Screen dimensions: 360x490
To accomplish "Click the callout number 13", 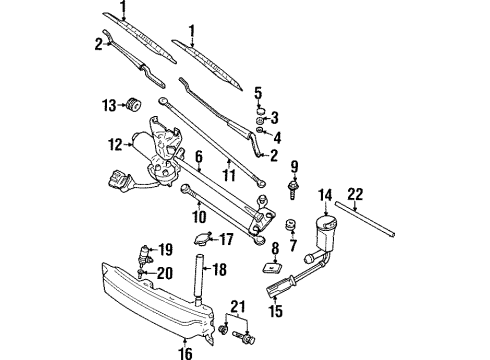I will (x=110, y=104).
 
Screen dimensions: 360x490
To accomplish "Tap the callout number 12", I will (x=114, y=145).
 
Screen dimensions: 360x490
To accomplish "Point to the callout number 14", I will (x=325, y=195).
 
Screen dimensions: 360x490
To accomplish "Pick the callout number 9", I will (x=295, y=165).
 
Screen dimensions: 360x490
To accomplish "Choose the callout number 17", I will (x=228, y=239).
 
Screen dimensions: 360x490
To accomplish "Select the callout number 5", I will (x=258, y=92).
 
